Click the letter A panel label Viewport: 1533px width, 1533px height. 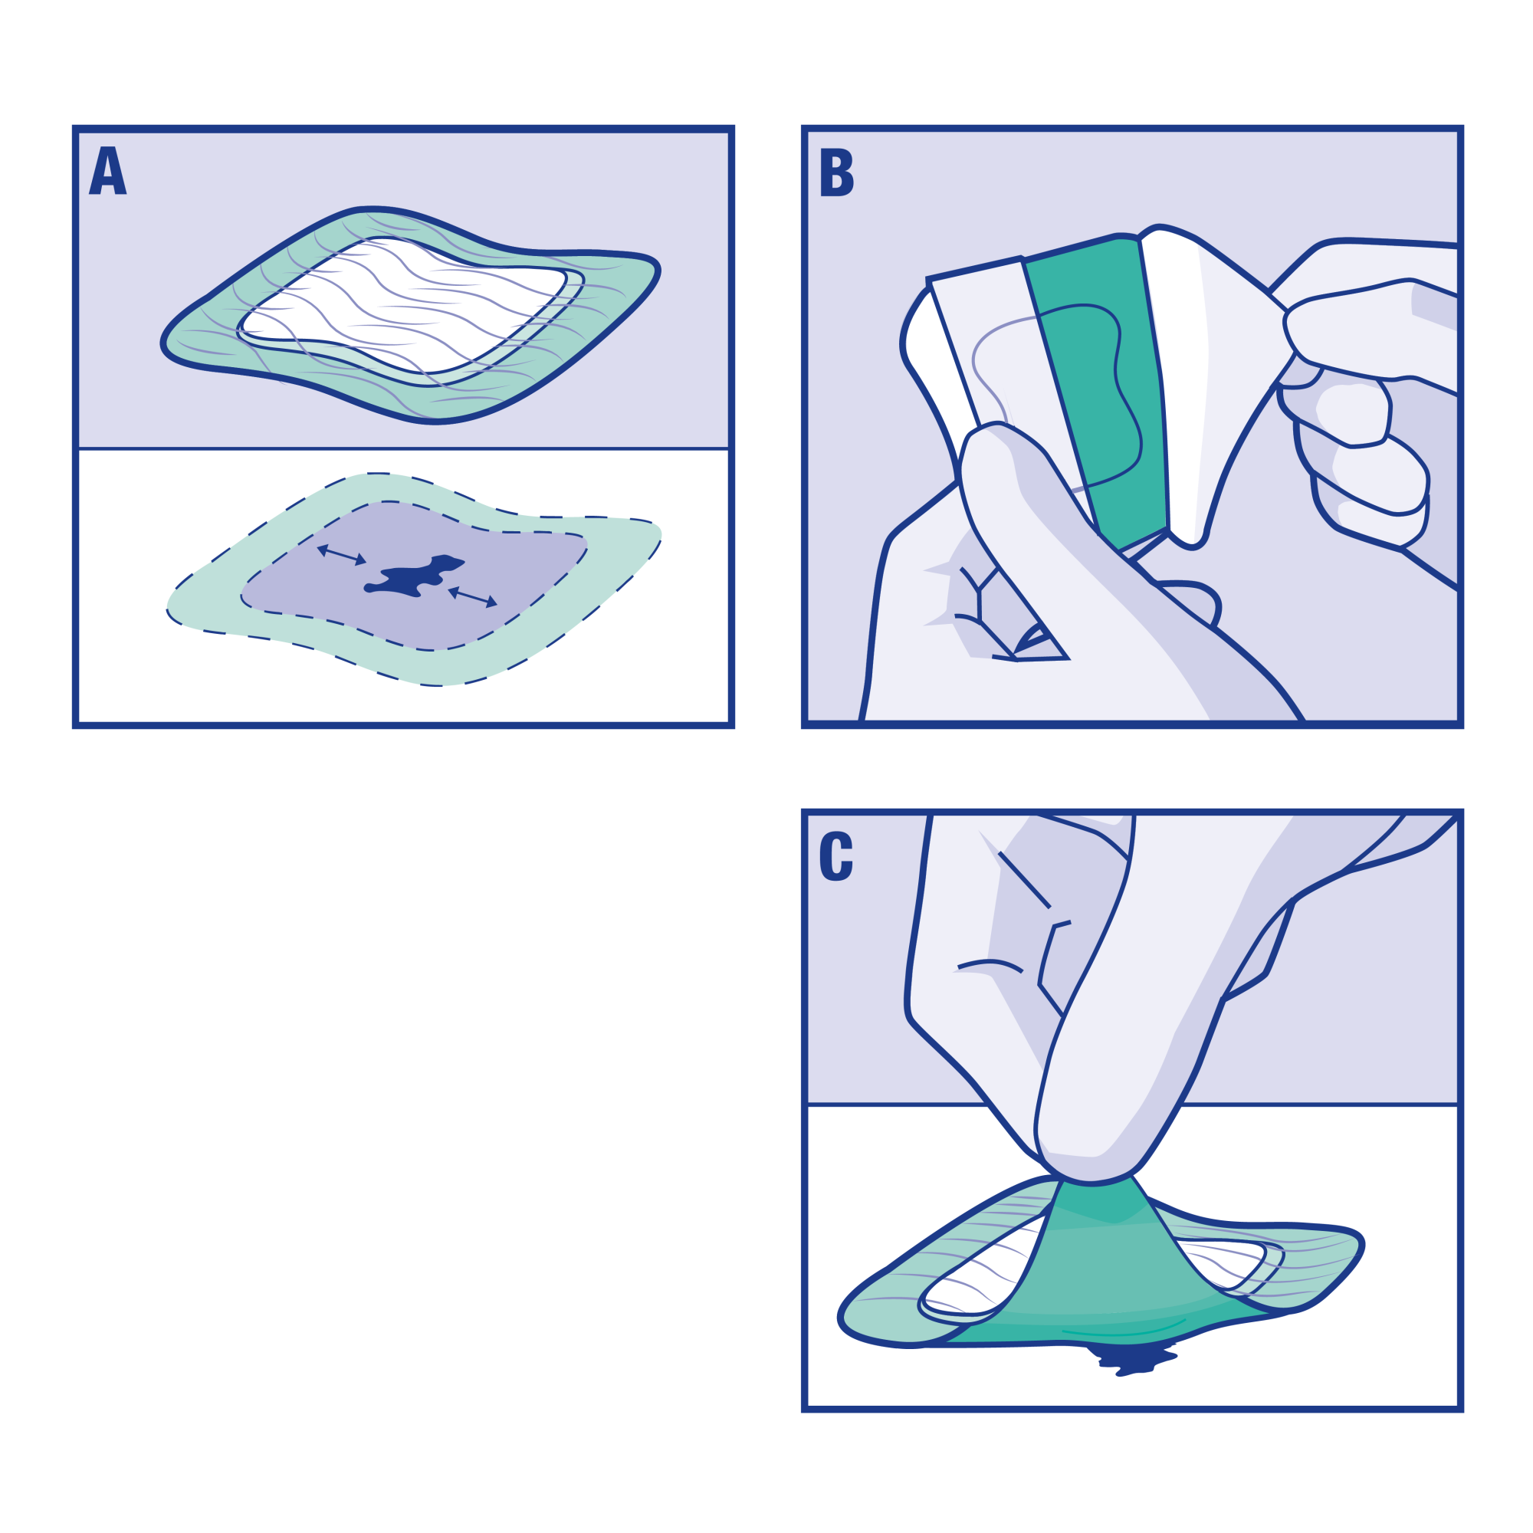pyautogui.click(x=108, y=171)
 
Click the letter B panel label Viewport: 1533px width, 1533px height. pyautogui.click(x=835, y=172)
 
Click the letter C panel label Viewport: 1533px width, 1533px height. pyautogui.click(x=835, y=856)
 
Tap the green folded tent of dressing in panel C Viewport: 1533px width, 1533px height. pyautogui.click(x=1103, y=1269)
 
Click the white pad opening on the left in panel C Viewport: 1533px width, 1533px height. pyautogui.click(x=984, y=1269)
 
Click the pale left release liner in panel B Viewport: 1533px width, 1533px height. pyautogui.click(x=984, y=341)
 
